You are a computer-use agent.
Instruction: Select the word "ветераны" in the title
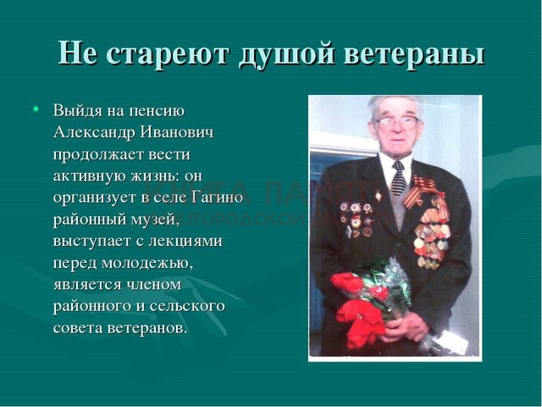pos(414,54)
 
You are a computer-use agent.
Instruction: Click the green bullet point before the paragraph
pos(36,109)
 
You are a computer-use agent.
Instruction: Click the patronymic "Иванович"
pos(176,132)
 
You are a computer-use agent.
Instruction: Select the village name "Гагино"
pos(217,198)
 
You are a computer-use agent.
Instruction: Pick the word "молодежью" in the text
pos(147,264)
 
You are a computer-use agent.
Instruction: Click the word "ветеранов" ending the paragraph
pos(147,328)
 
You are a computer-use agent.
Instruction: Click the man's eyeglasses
pos(397,121)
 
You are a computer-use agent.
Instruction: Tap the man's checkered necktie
pos(399,178)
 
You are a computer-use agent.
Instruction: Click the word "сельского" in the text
pos(194,306)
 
